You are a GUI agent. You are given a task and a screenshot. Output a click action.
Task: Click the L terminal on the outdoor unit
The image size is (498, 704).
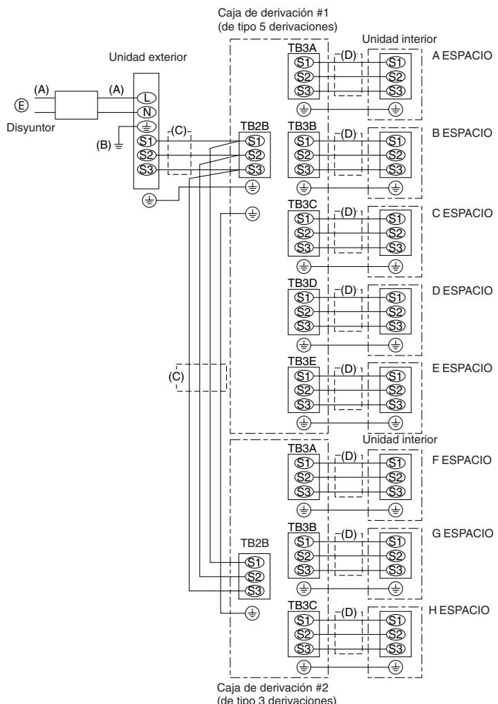coord(147,98)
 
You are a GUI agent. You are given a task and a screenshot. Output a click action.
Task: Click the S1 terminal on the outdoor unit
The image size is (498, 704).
coord(147,141)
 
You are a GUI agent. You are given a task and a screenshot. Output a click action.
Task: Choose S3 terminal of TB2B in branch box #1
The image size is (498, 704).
coord(254,169)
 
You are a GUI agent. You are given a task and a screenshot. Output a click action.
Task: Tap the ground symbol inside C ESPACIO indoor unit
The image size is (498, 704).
coord(396,265)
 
